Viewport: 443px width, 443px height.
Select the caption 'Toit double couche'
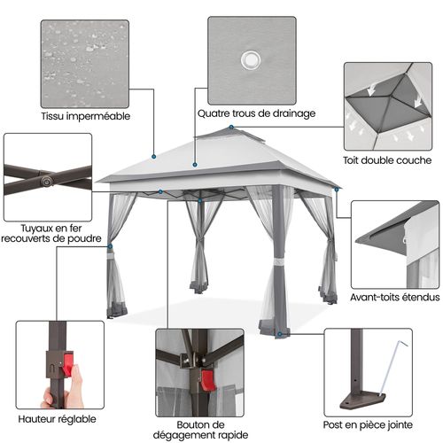(387, 161)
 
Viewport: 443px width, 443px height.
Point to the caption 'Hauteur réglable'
(56, 417)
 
